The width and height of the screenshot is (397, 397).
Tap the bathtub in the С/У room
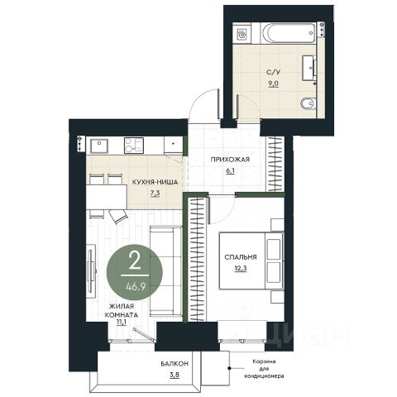coord(288,33)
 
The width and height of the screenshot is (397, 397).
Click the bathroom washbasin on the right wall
coord(309,68)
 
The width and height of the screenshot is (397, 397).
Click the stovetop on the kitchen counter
coord(134,146)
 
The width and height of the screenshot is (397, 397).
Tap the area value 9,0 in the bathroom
coord(273,84)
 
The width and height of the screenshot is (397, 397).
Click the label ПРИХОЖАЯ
coord(230,160)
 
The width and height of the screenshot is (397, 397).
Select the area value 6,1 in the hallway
coord(230,171)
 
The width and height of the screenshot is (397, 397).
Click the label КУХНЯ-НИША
coord(155,182)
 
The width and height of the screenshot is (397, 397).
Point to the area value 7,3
coord(155,194)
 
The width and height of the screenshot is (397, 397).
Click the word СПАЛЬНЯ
coord(241,257)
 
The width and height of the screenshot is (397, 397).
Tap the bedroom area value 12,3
coord(241,268)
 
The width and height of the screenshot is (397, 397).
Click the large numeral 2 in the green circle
coord(135,262)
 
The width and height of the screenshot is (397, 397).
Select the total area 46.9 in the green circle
coord(136,287)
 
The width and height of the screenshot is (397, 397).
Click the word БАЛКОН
coord(175,364)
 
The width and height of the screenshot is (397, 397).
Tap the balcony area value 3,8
coord(175,375)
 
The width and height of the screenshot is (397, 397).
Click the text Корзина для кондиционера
coord(264,369)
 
